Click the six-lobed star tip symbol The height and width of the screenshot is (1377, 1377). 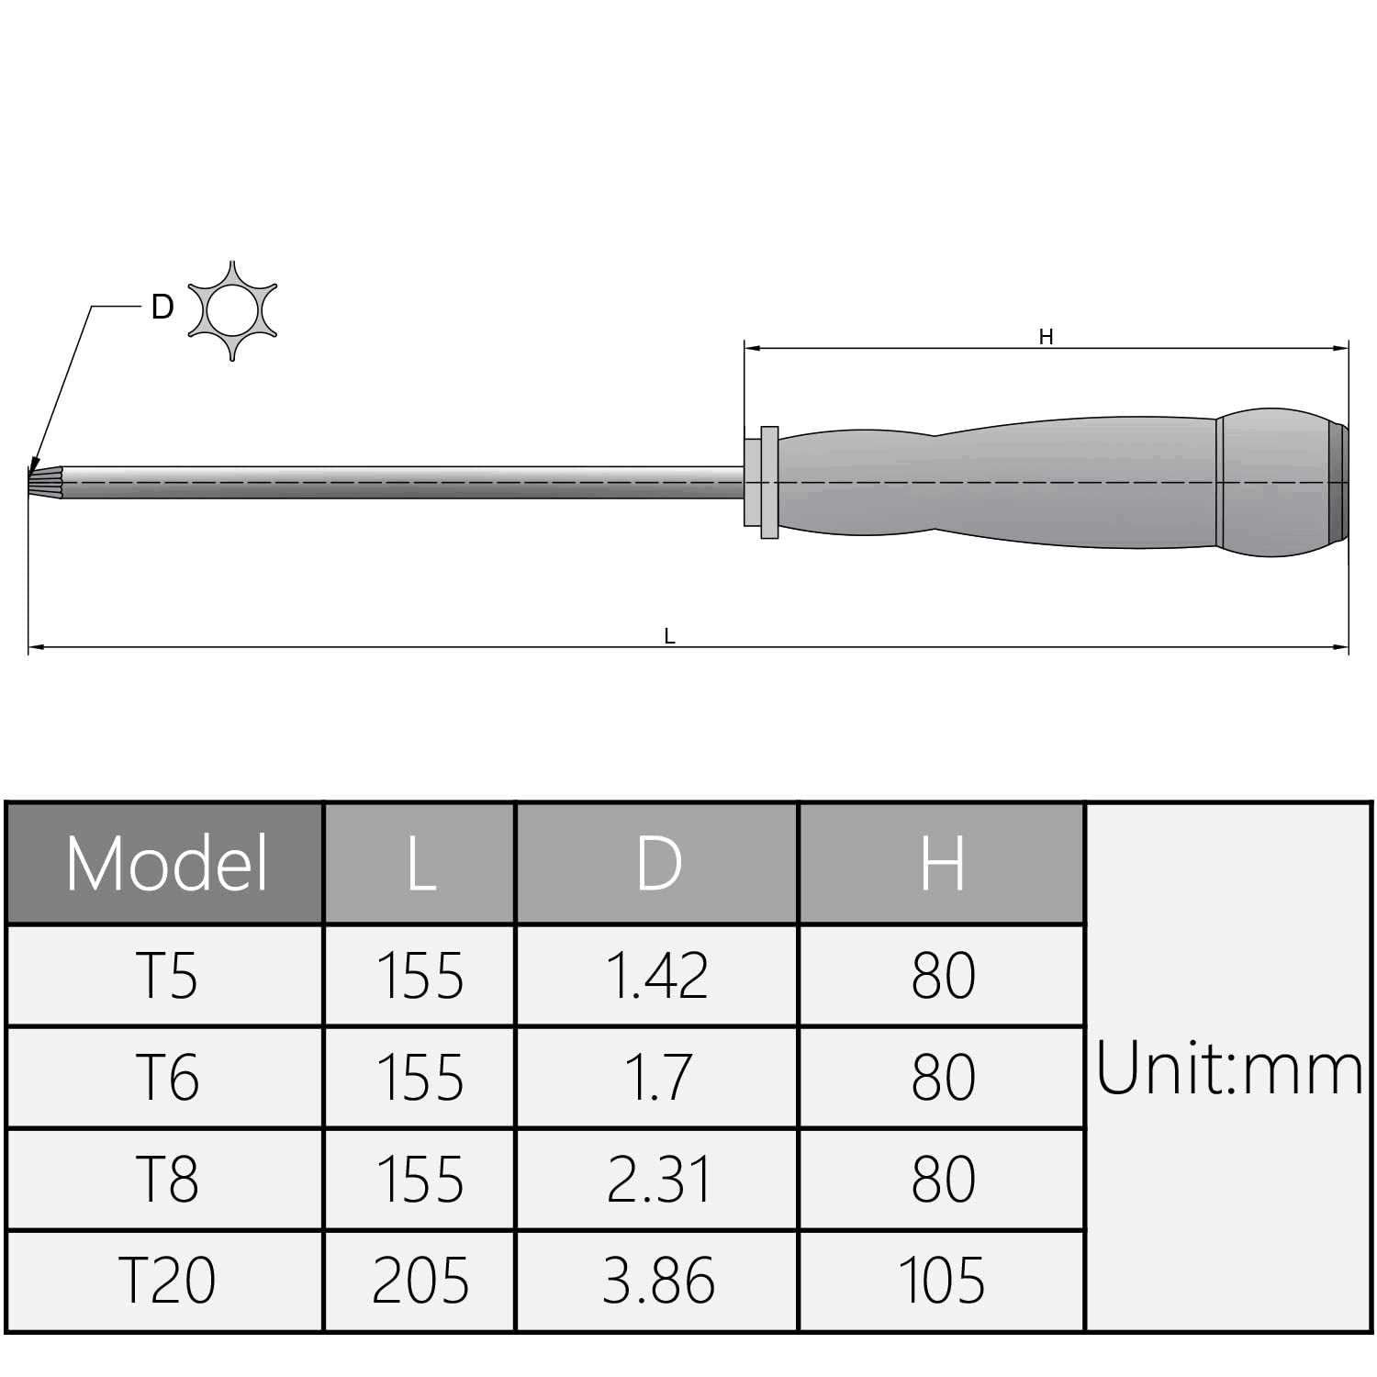pyautogui.click(x=232, y=310)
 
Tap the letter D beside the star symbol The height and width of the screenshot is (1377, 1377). pyautogui.click(x=162, y=308)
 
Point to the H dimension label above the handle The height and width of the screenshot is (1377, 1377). pyautogui.click(x=1046, y=338)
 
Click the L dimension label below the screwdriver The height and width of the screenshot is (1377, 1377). pyautogui.click(x=669, y=636)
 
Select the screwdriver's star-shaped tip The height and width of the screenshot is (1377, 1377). pyautogui.click(x=39, y=482)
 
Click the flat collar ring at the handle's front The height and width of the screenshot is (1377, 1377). pyautogui.click(x=769, y=483)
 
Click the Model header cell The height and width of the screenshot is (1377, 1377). pyautogui.click(x=165, y=863)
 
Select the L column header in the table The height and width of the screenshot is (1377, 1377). pyautogui.click(x=420, y=863)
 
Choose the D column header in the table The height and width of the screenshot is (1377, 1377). pyautogui.click(x=658, y=863)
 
